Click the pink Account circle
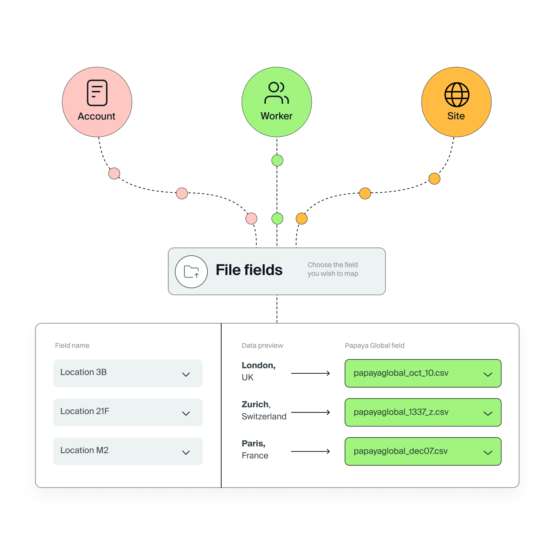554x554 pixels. pos(97,102)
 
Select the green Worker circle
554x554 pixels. pos(277,102)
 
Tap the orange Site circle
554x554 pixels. pos(456,102)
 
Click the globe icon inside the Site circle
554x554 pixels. pos(457,95)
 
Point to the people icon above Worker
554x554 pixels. pos(277,93)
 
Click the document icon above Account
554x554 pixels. pos(97,93)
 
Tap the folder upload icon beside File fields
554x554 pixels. pos(191,272)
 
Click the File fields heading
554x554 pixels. pos(249,270)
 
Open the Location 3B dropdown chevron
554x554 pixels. pos(186,374)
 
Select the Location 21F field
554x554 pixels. pos(128,412)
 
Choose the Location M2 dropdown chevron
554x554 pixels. pos(186,453)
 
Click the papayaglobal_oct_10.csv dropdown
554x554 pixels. pos(423,373)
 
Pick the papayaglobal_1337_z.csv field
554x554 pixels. pos(423,412)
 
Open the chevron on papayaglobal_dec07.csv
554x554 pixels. pos(488,453)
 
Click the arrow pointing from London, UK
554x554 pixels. pos(310,373)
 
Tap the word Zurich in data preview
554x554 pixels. pos(255,404)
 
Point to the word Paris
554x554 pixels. pos(253,444)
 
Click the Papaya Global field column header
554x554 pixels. pos(374,346)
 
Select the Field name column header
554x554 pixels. pos(72,346)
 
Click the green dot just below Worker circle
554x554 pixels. pos(277,160)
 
